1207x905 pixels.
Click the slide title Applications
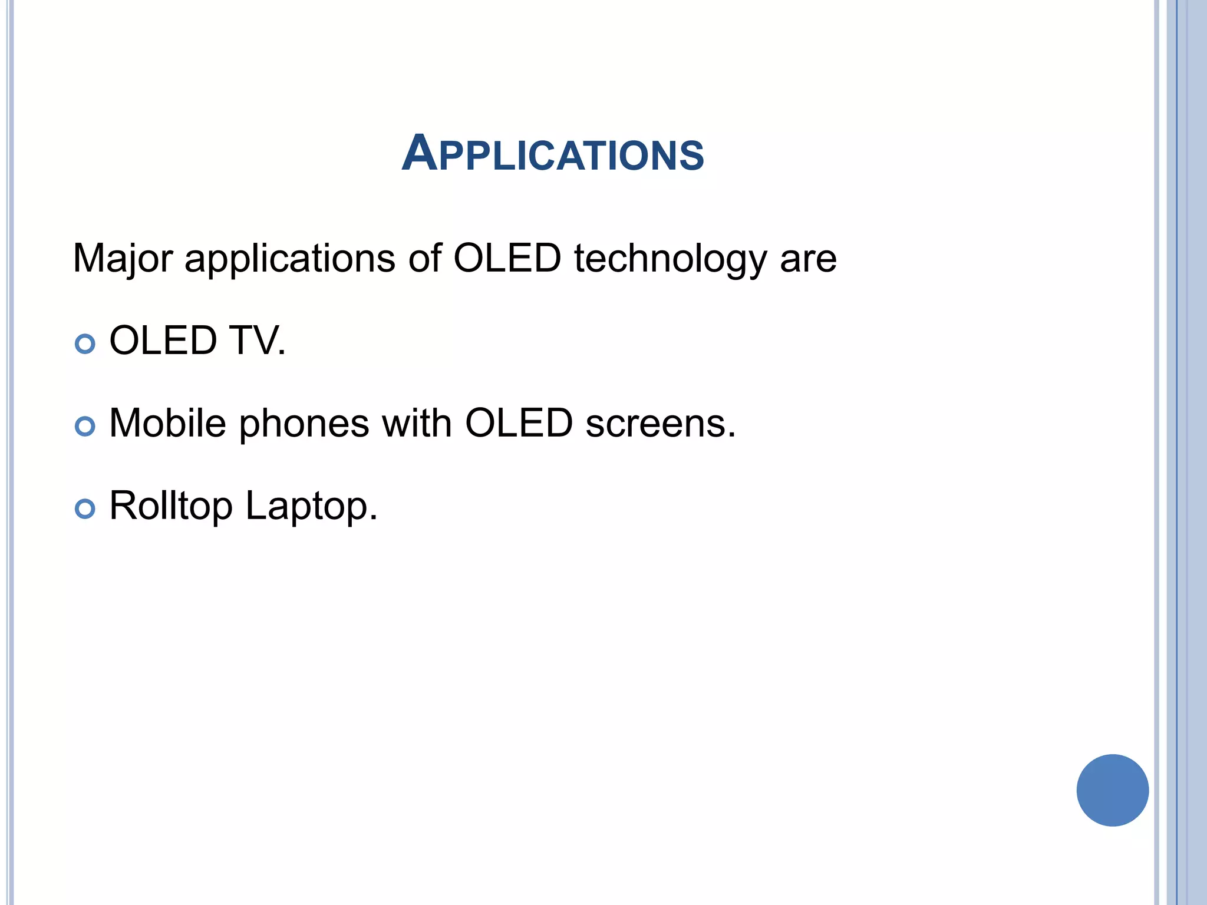tap(553, 154)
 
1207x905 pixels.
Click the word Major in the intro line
tap(123, 259)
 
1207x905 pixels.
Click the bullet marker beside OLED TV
tap(85, 343)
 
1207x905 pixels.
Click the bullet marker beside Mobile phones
tap(85, 426)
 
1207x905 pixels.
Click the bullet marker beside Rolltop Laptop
tap(85, 508)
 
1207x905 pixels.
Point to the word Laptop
tap(311, 507)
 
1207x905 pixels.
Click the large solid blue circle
tap(1112, 790)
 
